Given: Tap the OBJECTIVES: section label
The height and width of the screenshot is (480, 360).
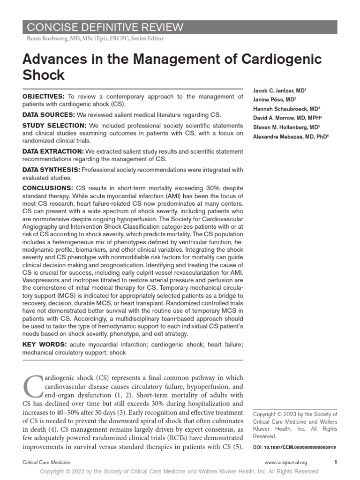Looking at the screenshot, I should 44,97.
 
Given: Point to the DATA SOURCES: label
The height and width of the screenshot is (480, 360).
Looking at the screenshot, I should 48,114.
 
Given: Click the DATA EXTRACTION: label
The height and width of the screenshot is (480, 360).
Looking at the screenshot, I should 53,151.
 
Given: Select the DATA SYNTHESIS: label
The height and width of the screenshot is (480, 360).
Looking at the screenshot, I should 51,169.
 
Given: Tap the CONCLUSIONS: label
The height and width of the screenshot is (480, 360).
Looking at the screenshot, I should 47,187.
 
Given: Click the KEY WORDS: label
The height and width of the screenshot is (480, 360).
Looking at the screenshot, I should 44,345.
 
